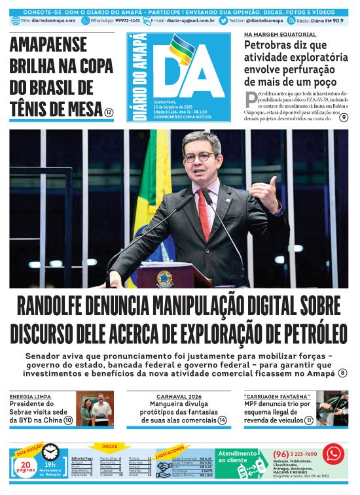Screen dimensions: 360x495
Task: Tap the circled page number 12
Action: (109, 112)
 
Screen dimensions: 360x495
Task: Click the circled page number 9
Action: (344, 117)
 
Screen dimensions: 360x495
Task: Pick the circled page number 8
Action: (342, 373)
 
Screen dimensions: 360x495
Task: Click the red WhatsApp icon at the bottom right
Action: (333, 453)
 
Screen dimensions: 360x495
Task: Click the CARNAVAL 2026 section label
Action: (179, 396)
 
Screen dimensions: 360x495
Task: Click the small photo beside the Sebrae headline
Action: (94, 409)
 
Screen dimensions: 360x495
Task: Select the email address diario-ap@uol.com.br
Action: (190, 21)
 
